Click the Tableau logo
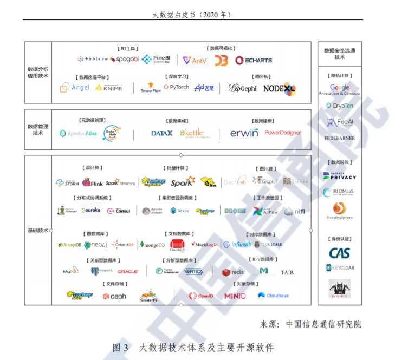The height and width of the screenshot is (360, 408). pos(92,59)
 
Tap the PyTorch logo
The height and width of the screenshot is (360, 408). pos(176,87)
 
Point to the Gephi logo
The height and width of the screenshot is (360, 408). pos(242,88)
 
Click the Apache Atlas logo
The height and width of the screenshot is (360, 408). pos(79,133)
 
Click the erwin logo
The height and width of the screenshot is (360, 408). pos(244,133)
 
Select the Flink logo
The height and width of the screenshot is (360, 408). pos(93,183)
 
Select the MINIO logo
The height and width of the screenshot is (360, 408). pos(235,296)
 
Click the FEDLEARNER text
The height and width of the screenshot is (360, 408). pos(340,138)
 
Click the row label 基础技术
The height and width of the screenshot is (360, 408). pos(37,231)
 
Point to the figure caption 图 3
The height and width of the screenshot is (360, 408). pos(120,347)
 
